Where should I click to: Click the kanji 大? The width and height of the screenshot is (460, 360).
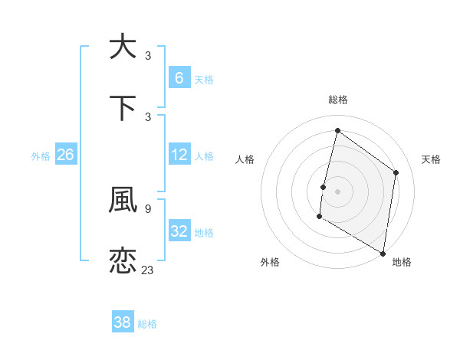123,47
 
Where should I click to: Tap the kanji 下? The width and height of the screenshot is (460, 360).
123,107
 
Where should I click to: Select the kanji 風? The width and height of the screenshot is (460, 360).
123,201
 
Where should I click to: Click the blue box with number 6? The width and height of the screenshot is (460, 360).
179,77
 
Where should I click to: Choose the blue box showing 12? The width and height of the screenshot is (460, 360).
179,155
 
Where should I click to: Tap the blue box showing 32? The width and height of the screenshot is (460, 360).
179,231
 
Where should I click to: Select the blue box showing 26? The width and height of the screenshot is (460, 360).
65,155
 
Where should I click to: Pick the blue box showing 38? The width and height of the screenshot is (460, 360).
123,322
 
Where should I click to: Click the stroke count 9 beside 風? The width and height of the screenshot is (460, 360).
148,208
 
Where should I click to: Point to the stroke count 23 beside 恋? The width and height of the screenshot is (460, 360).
148,270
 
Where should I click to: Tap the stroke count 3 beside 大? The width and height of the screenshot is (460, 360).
148,55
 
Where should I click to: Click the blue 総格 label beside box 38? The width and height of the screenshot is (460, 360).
147,324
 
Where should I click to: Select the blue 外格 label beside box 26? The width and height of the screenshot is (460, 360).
41,155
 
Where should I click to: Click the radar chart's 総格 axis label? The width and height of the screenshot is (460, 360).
337,100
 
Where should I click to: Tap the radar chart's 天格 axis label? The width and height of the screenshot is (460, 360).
431,159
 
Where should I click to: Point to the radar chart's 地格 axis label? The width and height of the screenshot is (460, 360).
402,262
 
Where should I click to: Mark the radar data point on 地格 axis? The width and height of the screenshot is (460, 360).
383,253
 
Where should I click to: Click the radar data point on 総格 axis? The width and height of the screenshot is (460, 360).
337,131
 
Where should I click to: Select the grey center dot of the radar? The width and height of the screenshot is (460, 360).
337,191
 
